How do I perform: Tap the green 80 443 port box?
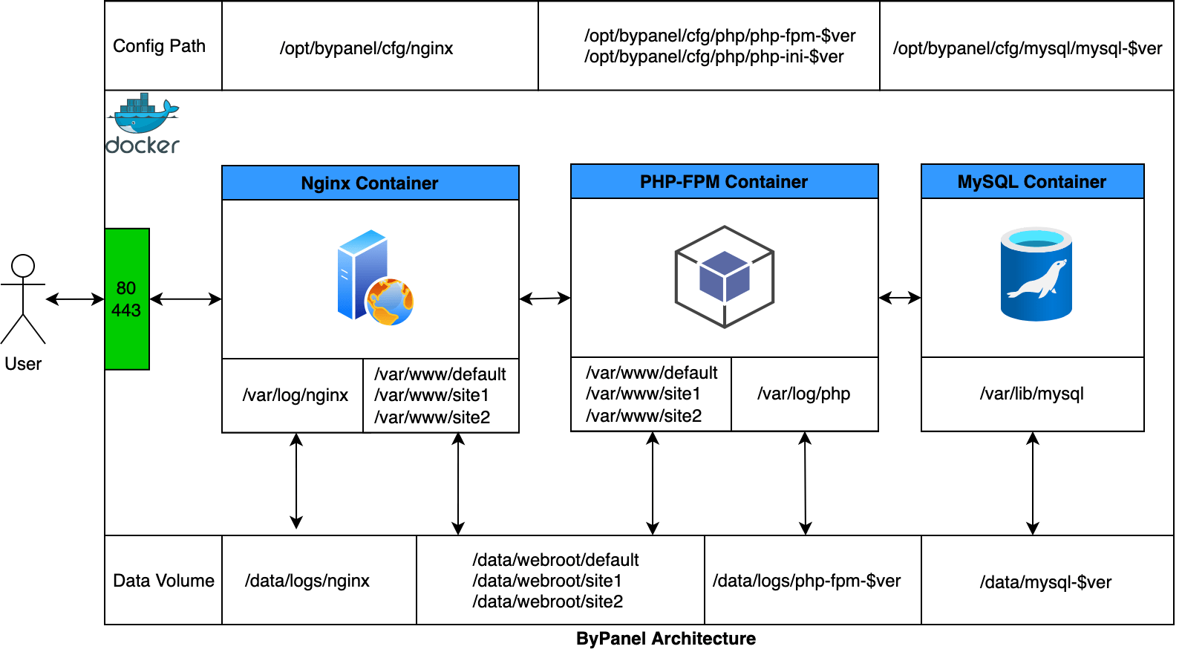(x=127, y=299)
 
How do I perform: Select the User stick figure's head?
(x=23, y=266)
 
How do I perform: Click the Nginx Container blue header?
(x=370, y=183)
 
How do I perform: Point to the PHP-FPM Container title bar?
(x=724, y=181)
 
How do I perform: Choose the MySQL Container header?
(x=1032, y=181)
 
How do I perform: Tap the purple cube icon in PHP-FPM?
(x=725, y=276)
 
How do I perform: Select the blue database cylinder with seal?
(x=1036, y=274)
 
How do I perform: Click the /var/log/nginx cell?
(x=295, y=395)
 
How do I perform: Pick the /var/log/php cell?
(x=803, y=394)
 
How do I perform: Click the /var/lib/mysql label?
(x=1031, y=394)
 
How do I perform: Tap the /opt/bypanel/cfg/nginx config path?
(x=366, y=48)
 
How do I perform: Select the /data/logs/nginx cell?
(x=307, y=581)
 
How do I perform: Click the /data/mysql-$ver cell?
(x=1045, y=582)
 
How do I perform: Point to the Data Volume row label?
(x=163, y=581)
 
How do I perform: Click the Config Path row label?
(x=159, y=46)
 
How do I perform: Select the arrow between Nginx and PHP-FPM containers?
(x=545, y=299)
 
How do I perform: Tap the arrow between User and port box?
(x=75, y=299)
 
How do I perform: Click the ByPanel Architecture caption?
(x=665, y=639)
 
